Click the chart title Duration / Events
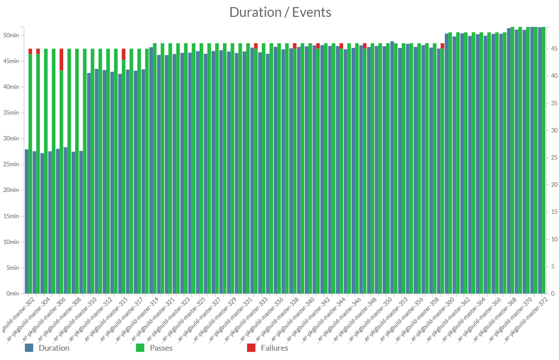tap(280, 12)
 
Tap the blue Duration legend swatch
tap(29, 348)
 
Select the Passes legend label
tap(161, 348)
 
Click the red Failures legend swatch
tap(251, 348)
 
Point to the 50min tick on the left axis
tap(10, 35)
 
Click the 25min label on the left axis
tap(10, 164)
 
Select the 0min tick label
tap(11, 293)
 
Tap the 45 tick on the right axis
tap(553, 49)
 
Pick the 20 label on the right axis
tap(553, 185)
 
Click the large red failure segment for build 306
tap(61, 59)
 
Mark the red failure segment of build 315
tap(124, 54)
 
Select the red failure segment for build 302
tap(30, 51)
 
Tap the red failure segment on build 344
tap(341, 46)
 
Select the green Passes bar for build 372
tap(543, 160)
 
